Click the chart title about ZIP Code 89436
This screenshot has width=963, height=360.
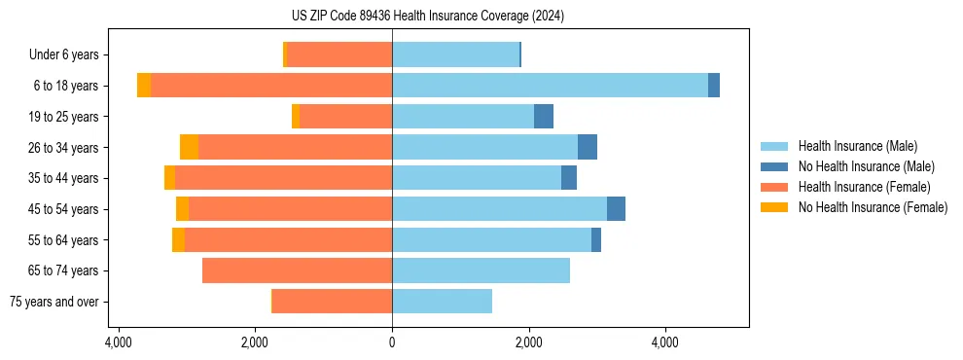pyautogui.click(x=428, y=17)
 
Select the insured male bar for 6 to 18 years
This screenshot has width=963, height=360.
pyautogui.click(x=550, y=86)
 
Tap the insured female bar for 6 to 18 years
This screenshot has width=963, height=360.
pyautogui.click(x=271, y=86)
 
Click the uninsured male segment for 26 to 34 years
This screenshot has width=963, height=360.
pyautogui.click(x=588, y=147)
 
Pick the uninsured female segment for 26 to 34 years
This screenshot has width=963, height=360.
pyautogui.click(x=189, y=147)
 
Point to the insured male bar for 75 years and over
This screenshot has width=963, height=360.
pyautogui.click(x=442, y=302)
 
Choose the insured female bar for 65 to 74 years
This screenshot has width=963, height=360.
pyautogui.click(x=297, y=270)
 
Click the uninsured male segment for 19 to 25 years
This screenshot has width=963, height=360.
pyautogui.click(x=544, y=117)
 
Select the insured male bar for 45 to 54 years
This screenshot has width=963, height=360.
pyautogui.click(x=499, y=209)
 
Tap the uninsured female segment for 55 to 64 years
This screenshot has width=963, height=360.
pyautogui.click(x=178, y=240)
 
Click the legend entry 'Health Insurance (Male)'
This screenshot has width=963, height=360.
pyautogui.click(x=857, y=146)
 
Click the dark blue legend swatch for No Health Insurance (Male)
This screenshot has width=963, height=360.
pyautogui.click(x=774, y=166)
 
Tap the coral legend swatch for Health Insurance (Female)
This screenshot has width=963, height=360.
pyautogui.click(x=774, y=187)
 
